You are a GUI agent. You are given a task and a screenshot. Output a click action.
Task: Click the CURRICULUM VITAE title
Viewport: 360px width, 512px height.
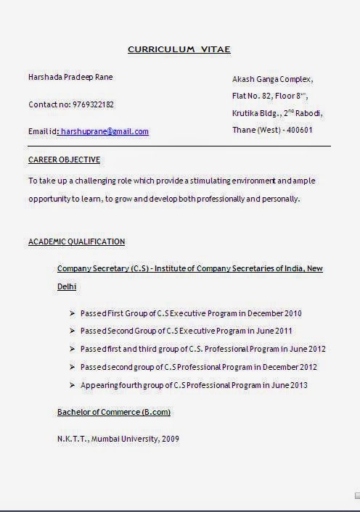point(179,49)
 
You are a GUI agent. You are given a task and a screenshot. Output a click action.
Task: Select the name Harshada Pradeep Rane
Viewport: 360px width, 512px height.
point(70,77)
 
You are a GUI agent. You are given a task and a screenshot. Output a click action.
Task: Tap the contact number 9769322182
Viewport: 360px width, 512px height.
point(93,104)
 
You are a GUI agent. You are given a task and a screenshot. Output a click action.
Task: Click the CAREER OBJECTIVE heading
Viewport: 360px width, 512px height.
point(64,160)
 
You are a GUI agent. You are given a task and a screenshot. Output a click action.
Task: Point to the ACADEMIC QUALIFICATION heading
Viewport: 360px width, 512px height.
point(76,241)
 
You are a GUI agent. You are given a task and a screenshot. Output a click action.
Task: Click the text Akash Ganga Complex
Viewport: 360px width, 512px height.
point(272,78)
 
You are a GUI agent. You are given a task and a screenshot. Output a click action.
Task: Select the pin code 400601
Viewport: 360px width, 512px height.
point(300,131)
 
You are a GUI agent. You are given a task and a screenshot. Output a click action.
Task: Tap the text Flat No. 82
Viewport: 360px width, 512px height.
point(251,96)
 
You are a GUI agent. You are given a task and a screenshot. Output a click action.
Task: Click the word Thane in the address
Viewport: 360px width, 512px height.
point(244,131)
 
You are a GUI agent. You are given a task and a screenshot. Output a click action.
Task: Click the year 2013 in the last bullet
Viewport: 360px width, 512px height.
point(298,385)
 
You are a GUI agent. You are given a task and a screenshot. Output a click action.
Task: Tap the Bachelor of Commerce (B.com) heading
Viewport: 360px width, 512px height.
point(114,412)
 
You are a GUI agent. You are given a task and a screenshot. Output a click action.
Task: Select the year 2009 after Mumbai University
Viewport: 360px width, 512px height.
point(171,439)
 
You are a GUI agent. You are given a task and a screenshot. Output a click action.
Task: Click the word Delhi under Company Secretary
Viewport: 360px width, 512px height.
point(67,286)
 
